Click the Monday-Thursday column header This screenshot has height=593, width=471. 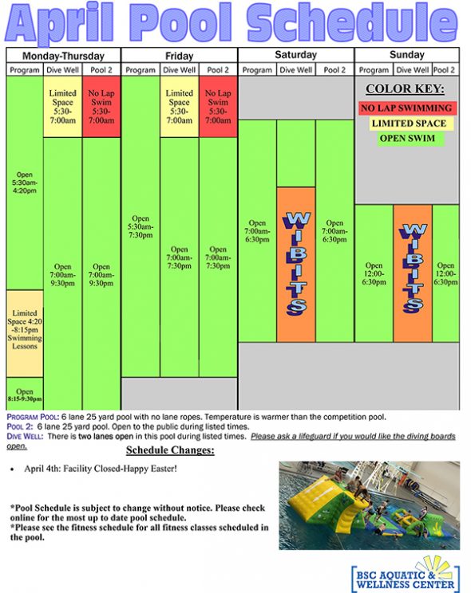[63, 56]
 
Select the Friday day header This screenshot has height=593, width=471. [180, 56]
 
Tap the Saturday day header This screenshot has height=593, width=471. [295, 55]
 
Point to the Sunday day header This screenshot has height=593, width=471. [407, 55]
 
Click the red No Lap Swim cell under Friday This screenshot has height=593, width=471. [218, 107]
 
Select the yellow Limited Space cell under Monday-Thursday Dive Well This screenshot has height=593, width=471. [62, 107]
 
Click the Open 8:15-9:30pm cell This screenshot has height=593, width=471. [25, 394]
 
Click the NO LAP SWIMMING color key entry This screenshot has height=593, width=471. [406, 108]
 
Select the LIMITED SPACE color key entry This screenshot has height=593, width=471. [408, 124]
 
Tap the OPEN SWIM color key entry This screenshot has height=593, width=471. [407, 139]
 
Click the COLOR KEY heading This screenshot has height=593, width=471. [406, 89]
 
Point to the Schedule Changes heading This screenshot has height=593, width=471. [181, 451]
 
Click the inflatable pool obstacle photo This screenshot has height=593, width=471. [369, 505]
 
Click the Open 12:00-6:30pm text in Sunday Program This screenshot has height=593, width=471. [374, 273]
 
